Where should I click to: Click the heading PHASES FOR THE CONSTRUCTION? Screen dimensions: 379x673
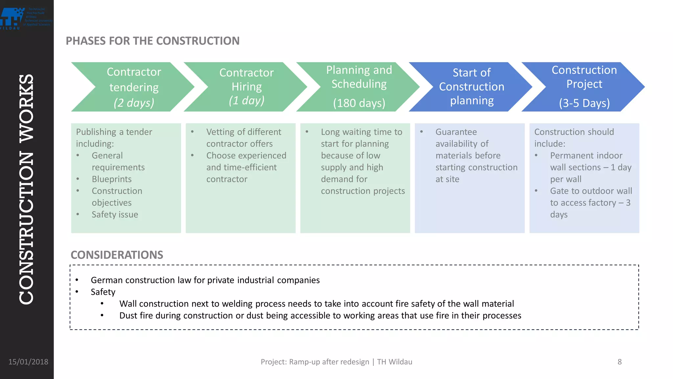click(152, 41)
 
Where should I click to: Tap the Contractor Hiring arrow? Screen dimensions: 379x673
click(246, 87)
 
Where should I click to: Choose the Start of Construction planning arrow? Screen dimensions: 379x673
click(472, 87)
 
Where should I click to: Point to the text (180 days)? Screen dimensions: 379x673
click(359, 103)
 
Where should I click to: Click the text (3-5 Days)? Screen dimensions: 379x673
click(584, 103)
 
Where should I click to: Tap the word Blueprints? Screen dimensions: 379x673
click(111, 179)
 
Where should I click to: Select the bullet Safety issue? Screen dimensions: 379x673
click(115, 215)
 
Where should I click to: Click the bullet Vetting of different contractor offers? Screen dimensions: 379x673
click(244, 138)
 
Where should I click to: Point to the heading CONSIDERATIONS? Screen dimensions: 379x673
click(117, 255)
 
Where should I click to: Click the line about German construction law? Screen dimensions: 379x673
click(205, 280)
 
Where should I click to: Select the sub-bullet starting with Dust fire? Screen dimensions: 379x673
click(320, 316)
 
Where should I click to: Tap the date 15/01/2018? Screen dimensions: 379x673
click(28, 362)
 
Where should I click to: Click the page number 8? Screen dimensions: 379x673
click(619, 362)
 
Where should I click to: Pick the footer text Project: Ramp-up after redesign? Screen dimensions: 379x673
click(314, 362)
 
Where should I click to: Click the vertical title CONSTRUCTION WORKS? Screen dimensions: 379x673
click(26, 189)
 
